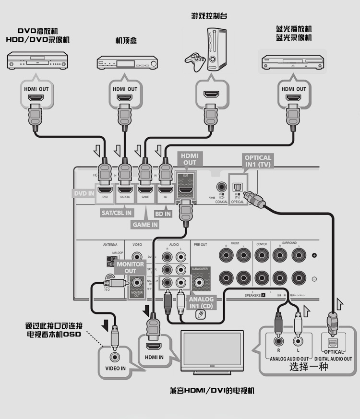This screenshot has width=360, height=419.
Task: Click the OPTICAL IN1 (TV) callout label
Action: [x=258, y=161]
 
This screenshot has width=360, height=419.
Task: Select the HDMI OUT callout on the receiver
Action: [x=189, y=159]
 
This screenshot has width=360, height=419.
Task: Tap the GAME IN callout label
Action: [x=145, y=224]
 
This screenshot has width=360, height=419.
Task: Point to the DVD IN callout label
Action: [x=84, y=193]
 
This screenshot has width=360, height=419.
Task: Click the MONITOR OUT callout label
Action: [x=130, y=267]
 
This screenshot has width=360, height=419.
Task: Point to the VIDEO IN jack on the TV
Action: [x=115, y=357]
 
